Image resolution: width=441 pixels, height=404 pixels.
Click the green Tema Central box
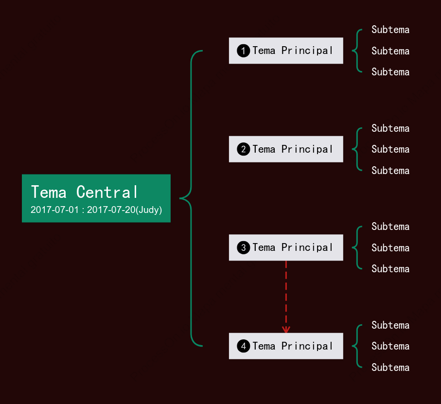(96, 198)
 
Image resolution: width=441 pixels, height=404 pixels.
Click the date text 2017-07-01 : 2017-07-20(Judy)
(96, 210)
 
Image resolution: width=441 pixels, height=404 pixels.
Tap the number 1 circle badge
(243, 51)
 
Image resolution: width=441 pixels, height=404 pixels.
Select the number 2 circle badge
(243, 149)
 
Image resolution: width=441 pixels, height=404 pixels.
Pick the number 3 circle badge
(243, 247)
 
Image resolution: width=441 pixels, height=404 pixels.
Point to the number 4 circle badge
(243, 346)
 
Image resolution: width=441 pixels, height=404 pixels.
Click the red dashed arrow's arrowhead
(286, 330)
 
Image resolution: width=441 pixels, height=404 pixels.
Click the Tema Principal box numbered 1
(286, 51)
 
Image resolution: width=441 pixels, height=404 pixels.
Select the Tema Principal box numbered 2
(286, 149)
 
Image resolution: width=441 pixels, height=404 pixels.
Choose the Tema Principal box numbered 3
(286, 247)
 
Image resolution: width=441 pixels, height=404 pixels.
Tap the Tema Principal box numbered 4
(286, 346)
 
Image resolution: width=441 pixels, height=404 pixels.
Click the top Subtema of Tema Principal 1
(390, 30)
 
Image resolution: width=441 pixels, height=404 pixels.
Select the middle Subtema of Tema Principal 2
(390, 149)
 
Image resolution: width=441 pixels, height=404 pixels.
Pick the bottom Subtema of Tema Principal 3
(390, 269)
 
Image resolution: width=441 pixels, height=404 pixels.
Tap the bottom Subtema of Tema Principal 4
(390, 368)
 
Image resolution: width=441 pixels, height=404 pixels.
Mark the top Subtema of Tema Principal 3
(390, 227)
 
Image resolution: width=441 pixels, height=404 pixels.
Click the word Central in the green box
(107, 192)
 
